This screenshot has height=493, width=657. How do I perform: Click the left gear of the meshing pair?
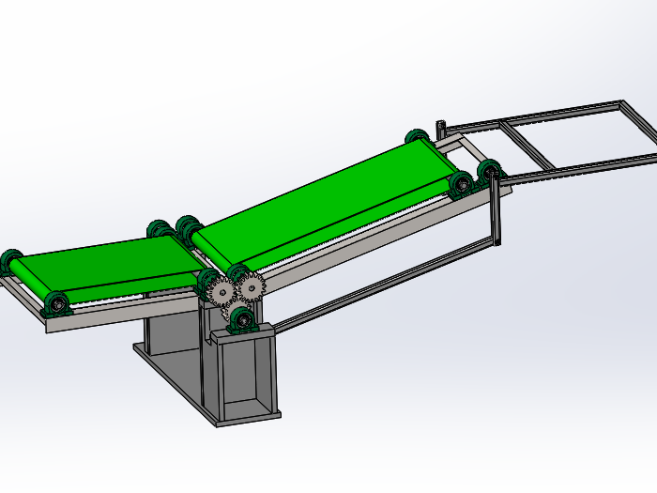pyautogui.click(x=222, y=292)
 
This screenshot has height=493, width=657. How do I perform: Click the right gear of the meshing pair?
pyautogui.click(x=251, y=287)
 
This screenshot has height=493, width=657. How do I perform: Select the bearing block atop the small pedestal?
pyautogui.click(x=243, y=320)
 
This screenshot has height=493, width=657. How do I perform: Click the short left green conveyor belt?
pyautogui.click(x=103, y=265)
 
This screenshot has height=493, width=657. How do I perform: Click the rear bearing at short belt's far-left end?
pyautogui.click(x=11, y=260)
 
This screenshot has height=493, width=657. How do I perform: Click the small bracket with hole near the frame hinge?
pyautogui.click(x=439, y=128)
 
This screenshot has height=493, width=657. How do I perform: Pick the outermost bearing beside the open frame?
pyautogui.click(x=489, y=172)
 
